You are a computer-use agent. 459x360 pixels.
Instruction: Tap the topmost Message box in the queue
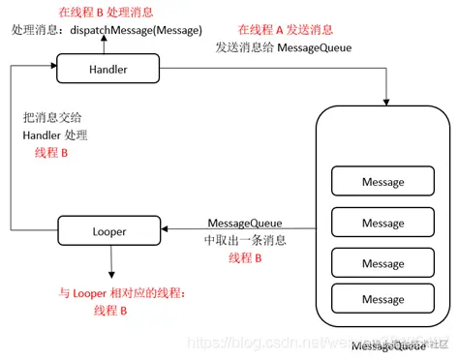[382, 181]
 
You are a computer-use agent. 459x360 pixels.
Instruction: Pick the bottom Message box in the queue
[382, 300]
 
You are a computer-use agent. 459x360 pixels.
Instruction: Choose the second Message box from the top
[382, 223]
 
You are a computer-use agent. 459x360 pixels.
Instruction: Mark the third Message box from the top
[382, 263]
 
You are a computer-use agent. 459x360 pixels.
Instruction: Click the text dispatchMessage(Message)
[137, 30]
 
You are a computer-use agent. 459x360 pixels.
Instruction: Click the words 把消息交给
[48, 117]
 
